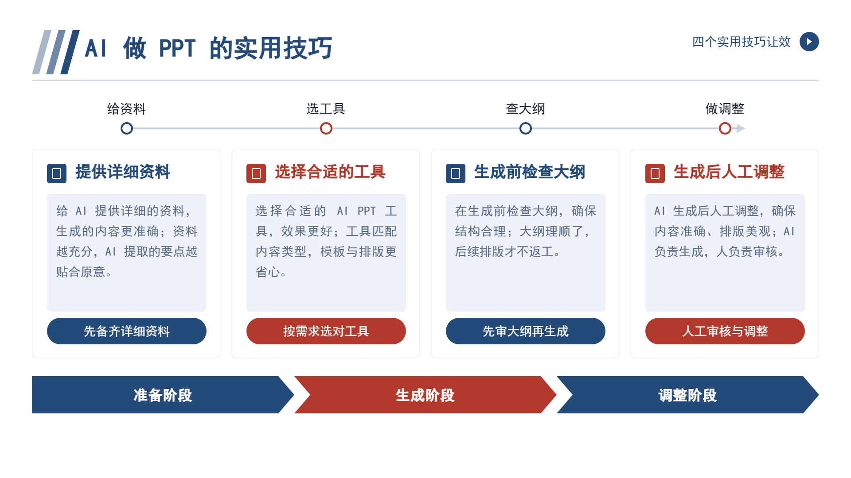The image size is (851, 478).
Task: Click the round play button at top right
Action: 809,42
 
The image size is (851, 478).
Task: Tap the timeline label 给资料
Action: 126,109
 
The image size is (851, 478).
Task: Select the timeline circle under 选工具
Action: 326,128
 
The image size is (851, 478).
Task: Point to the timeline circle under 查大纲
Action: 526,128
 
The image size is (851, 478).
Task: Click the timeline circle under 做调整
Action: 725,128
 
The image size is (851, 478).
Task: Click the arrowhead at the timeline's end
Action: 741,128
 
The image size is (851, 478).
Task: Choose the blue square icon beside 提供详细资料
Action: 57,173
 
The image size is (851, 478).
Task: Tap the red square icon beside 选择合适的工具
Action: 256,173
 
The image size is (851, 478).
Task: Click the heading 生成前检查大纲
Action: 530,172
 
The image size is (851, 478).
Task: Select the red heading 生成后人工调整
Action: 729,172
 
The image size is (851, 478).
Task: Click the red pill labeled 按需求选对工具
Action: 326,331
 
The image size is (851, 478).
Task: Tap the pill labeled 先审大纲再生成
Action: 526,331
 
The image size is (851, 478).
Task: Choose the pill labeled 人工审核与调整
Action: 725,331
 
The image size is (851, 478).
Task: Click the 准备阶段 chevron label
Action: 163,395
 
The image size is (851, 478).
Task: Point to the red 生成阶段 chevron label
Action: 425,395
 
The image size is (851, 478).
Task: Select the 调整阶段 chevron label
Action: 687,395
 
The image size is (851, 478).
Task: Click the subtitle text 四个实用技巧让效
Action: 742,42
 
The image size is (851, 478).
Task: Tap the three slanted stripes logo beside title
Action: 56,52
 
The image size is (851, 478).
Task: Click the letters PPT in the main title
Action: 177,48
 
